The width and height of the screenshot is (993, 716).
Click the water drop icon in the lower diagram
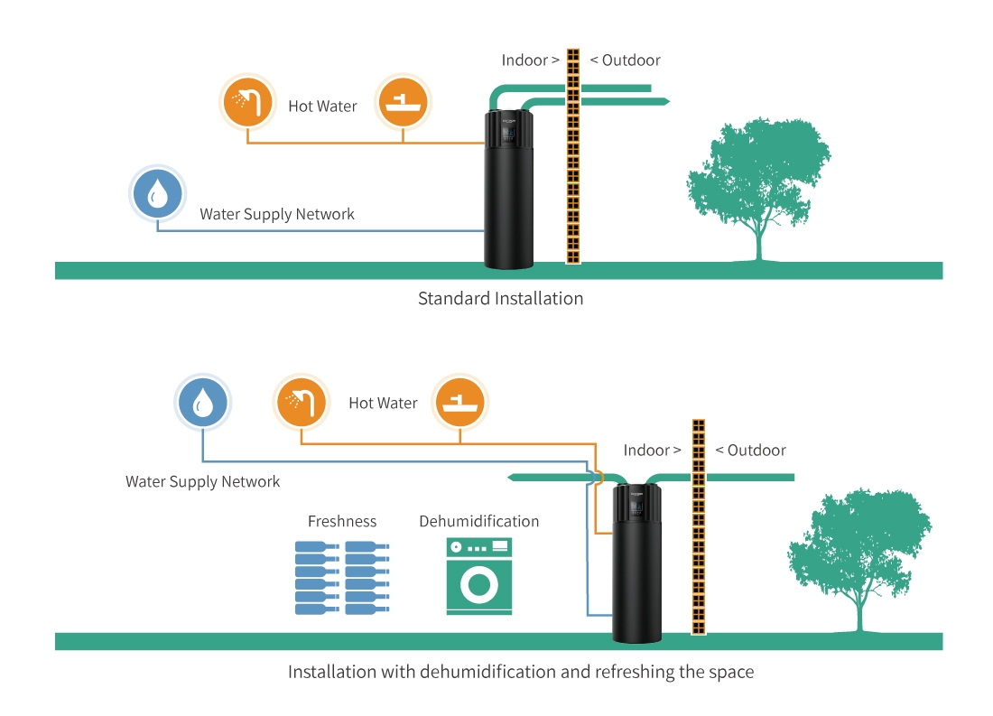pyautogui.click(x=203, y=403)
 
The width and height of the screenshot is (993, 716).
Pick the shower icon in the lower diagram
pyautogui.click(x=301, y=403)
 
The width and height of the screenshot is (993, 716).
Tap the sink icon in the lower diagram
pyautogui.click(x=459, y=403)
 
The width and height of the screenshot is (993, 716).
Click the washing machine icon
pyautogui.click(x=478, y=577)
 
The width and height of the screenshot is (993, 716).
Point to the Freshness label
pyautogui.click(x=342, y=521)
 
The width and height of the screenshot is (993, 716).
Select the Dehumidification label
pyautogui.click(x=478, y=521)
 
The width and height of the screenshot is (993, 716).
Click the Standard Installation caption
pyautogui.click(x=500, y=298)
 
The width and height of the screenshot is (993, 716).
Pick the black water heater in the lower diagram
pyautogui.click(x=637, y=564)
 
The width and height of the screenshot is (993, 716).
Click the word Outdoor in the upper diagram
pyautogui.click(x=631, y=60)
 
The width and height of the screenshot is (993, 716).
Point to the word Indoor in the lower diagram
pyautogui.click(x=647, y=450)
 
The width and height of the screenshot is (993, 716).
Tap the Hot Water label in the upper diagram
pyautogui.click(x=322, y=107)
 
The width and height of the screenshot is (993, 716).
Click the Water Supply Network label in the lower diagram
pyautogui.click(x=203, y=482)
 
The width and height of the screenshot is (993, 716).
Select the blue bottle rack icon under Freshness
pyautogui.click(x=342, y=578)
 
